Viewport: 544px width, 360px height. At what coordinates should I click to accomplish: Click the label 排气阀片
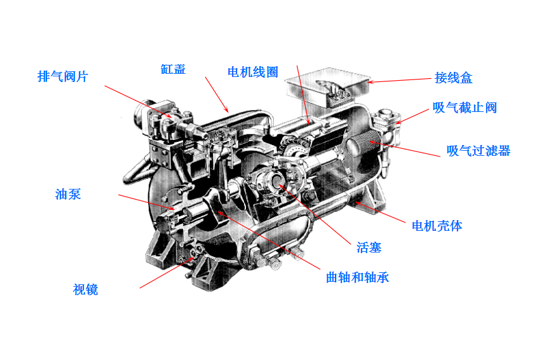click(x=62, y=77)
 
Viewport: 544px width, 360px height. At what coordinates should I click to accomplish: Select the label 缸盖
click(x=173, y=69)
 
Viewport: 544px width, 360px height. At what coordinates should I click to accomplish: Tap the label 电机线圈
click(x=253, y=72)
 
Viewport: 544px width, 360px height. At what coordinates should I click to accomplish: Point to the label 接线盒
click(x=454, y=78)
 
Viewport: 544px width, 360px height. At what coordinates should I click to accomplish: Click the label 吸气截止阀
click(x=465, y=107)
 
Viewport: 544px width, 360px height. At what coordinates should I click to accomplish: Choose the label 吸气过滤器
click(x=479, y=151)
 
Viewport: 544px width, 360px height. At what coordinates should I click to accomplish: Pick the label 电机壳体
click(x=437, y=226)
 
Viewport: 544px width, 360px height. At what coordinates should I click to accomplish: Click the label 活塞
click(x=369, y=247)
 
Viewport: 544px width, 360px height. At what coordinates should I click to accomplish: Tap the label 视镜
click(x=86, y=290)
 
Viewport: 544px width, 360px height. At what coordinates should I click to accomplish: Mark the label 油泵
click(x=68, y=195)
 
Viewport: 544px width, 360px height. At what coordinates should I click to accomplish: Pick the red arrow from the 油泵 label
click(x=146, y=202)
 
